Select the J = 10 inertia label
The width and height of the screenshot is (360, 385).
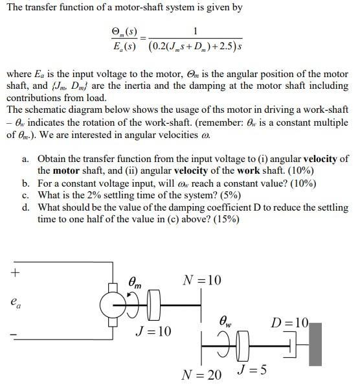[153, 331]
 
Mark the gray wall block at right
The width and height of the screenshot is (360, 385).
[315, 346]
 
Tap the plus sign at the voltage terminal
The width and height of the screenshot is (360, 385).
[14, 272]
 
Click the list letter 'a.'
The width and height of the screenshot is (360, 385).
[25, 158]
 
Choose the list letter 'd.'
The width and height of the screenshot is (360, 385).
[25, 207]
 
